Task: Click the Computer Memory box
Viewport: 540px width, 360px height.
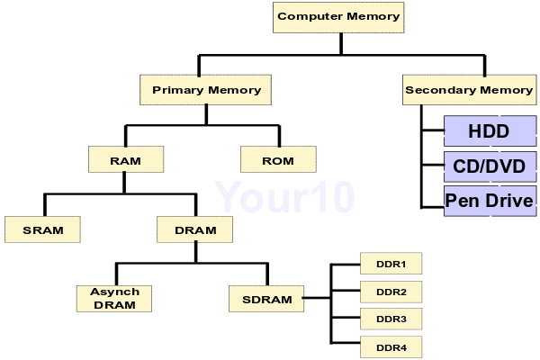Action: point(338,16)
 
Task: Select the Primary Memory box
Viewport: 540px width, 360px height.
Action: point(206,90)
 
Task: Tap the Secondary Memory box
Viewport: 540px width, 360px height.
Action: point(469,90)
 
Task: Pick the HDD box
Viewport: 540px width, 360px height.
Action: point(490,131)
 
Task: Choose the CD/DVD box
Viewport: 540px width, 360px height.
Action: point(490,166)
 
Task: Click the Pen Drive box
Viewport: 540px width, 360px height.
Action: point(490,200)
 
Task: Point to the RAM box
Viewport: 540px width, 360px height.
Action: point(126,160)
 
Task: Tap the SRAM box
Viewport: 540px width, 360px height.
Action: point(43,229)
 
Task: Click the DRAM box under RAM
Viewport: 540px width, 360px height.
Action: point(194,229)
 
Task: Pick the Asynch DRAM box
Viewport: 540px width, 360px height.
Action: point(114,298)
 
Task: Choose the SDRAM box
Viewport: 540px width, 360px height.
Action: point(267,298)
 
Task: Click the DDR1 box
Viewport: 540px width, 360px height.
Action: point(391,264)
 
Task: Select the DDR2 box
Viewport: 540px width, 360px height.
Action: point(391,292)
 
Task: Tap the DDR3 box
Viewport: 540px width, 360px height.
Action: point(391,319)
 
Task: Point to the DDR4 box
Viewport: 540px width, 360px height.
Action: point(391,346)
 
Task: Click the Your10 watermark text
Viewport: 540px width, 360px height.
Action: point(284,194)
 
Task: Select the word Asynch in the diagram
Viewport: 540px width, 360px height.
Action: point(114,292)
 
